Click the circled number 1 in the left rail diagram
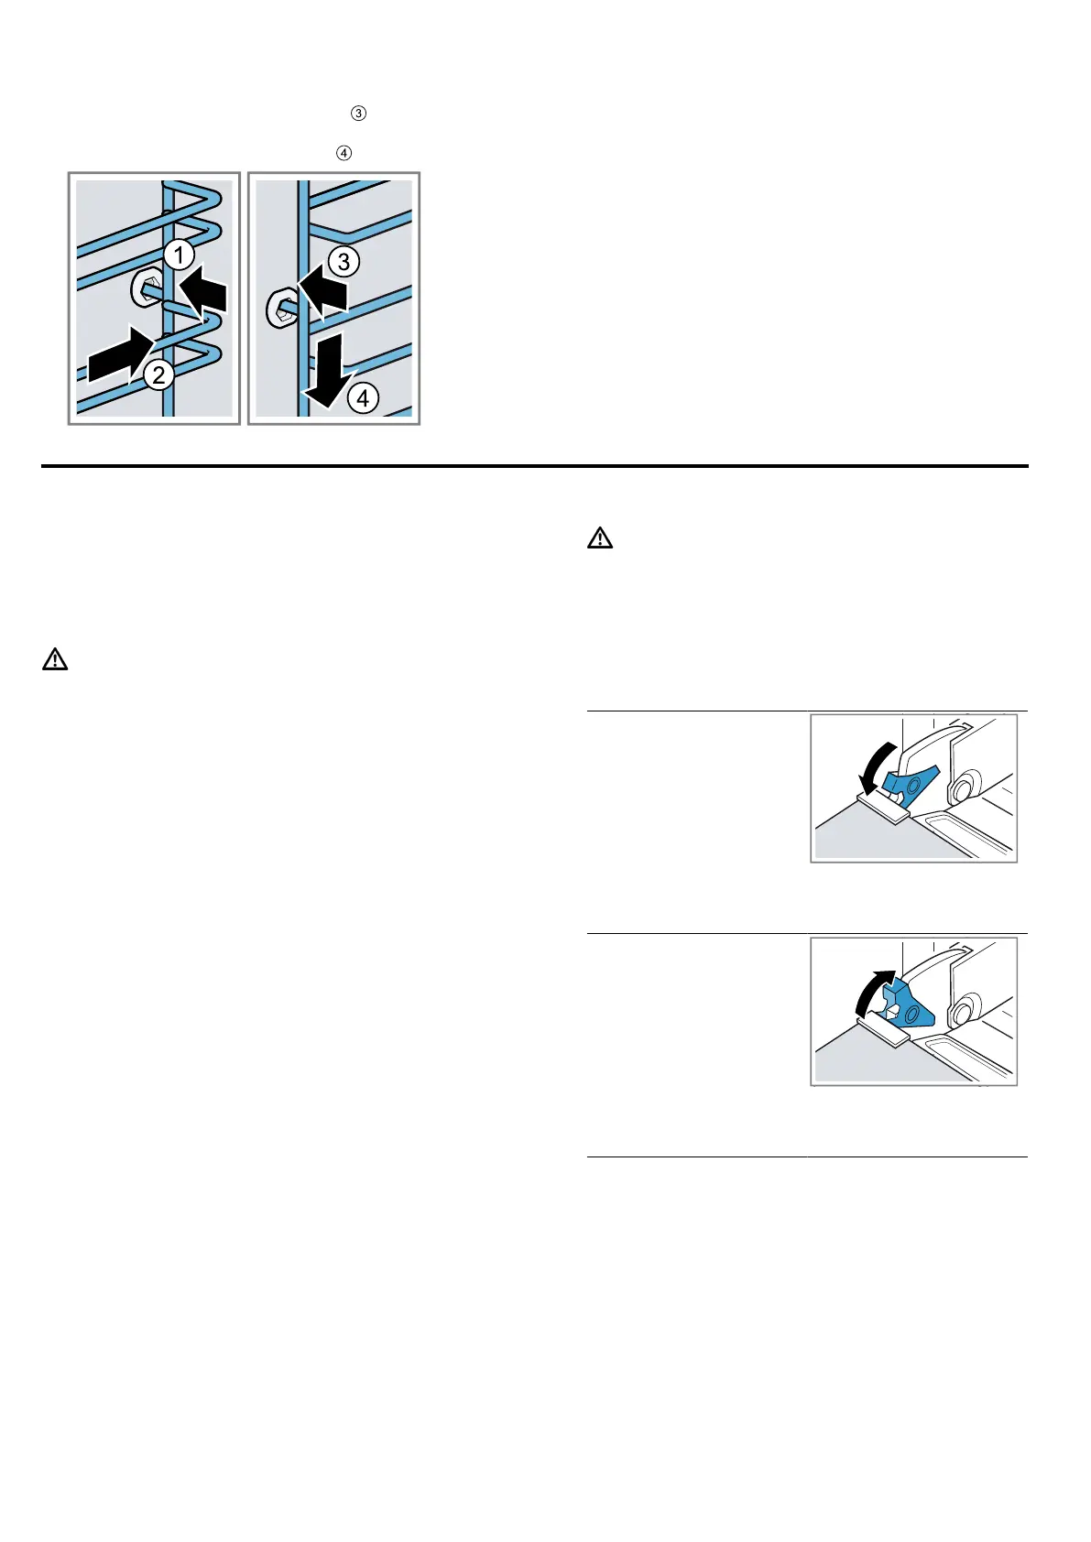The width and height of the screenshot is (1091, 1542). (180, 254)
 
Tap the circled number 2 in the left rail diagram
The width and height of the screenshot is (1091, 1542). (158, 374)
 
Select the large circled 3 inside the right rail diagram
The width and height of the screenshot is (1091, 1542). (344, 262)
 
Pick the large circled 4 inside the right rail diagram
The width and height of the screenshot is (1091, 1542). (364, 398)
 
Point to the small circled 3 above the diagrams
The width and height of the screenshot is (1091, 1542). (358, 114)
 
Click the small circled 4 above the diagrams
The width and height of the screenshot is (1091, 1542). (344, 153)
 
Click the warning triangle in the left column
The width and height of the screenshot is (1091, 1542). (55, 659)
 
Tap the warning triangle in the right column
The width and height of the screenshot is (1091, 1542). (599, 538)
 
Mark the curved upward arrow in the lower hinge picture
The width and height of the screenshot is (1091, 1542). (871, 992)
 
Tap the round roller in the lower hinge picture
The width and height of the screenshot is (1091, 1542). (962, 1014)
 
